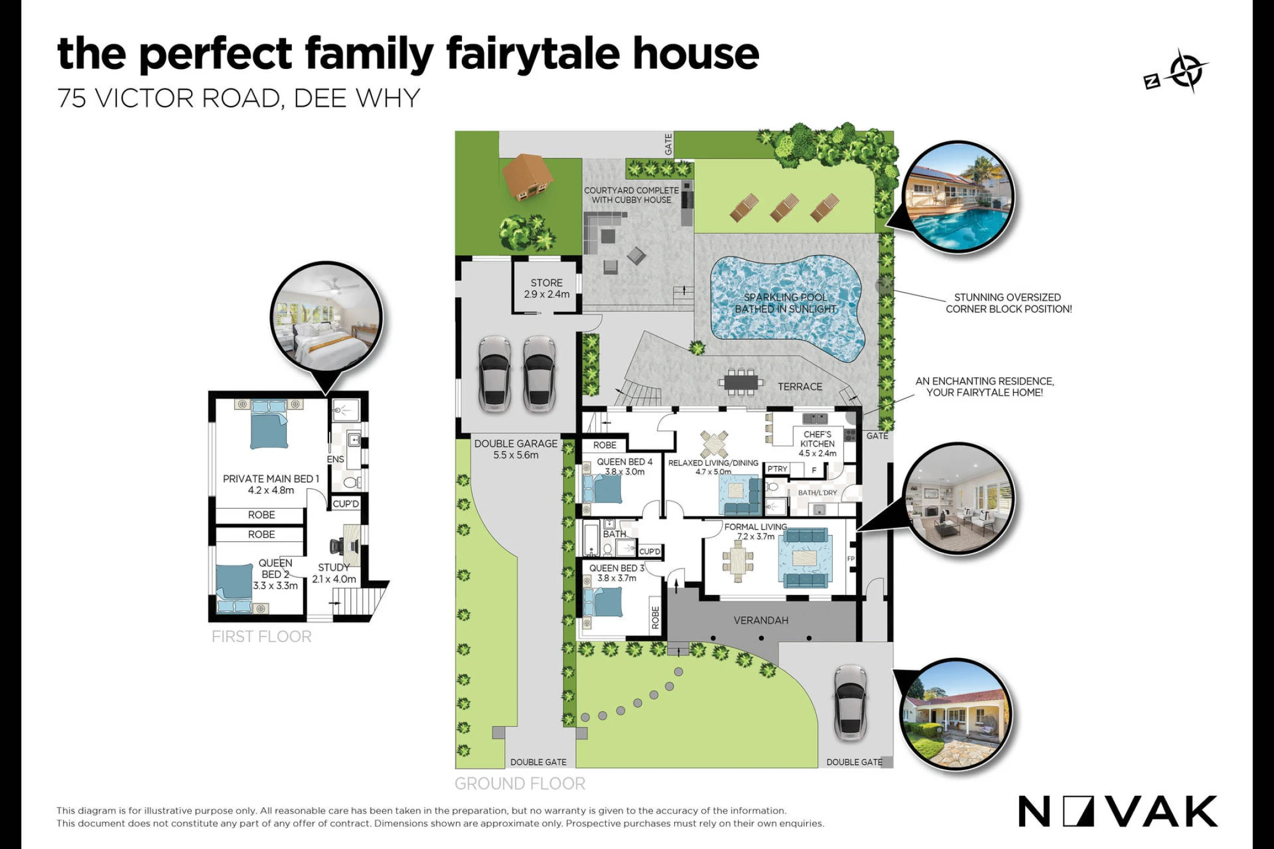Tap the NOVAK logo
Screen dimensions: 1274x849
click(x=1118, y=811)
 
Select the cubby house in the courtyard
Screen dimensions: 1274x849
click(x=527, y=176)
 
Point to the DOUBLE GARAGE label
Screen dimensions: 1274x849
click(x=515, y=449)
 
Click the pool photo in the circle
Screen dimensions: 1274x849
click(x=958, y=196)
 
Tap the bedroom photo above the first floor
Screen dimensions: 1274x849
click(x=327, y=318)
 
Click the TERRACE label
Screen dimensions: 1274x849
click(x=800, y=387)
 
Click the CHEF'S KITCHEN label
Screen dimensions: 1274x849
click(x=817, y=443)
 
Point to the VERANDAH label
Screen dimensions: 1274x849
click(x=761, y=620)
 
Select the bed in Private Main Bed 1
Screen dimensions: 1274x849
click(x=269, y=424)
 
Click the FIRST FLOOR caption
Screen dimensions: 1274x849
click(x=261, y=637)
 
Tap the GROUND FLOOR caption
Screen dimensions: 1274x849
click(x=520, y=784)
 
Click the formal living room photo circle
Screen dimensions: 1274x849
click(x=959, y=499)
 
